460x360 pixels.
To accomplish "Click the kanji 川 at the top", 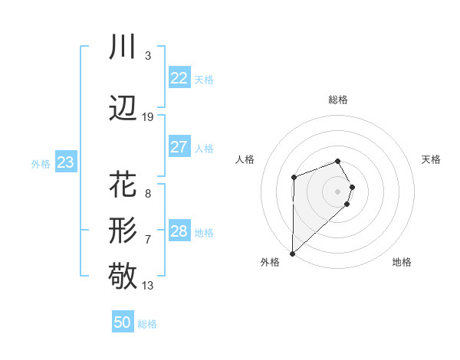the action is click(x=123, y=47).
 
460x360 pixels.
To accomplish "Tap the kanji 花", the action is click(x=123, y=185).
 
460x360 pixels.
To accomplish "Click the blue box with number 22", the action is click(x=179, y=78).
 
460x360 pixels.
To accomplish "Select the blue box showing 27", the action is click(x=179, y=147).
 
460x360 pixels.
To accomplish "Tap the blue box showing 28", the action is click(x=179, y=231).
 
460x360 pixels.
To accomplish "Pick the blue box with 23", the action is click(x=65, y=162).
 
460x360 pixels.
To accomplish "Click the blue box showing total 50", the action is click(x=123, y=322).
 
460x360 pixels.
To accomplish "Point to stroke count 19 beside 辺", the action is click(x=148, y=117).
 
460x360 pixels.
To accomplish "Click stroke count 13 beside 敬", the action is click(x=148, y=286).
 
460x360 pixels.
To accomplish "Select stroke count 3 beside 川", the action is click(x=147, y=56).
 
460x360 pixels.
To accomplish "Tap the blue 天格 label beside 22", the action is click(x=204, y=80).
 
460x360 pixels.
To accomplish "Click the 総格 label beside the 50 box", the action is click(x=147, y=324).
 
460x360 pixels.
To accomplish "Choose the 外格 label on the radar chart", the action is click(x=270, y=262).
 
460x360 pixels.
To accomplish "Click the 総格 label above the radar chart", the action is click(x=338, y=100).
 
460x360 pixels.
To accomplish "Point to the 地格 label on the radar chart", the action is click(x=402, y=262).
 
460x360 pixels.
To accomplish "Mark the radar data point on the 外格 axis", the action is click(x=292, y=253).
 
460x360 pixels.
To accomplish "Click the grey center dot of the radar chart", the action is click(x=338, y=190).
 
